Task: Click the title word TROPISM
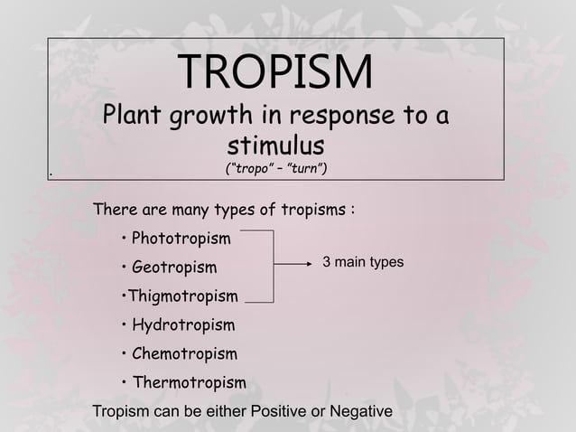pyautogui.click(x=275, y=73)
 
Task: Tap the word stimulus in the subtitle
pyautogui.click(x=275, y=145)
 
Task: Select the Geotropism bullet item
pyautogui.click(x=174, y=268)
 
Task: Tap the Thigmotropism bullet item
pyautogui.click(x=182, y=296)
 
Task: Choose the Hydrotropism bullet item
pyautogui.click(x=183, y=324)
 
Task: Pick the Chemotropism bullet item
pyautogui.click(x=184, y=353)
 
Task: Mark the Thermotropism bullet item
pyautogui.click(x=189, y=382)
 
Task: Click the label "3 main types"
pyautogui.click(x=363, y=262)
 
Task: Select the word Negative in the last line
pyautogui.click(x=359, y=412)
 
